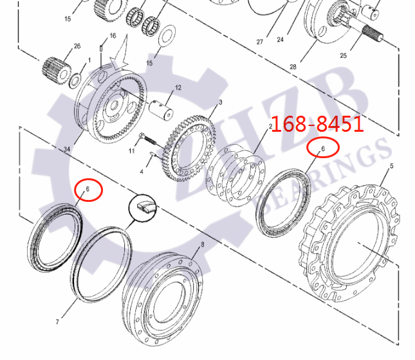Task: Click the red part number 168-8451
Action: coord(317,124)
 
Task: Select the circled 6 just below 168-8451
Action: coord(323,148)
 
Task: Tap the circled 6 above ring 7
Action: coord(88,190)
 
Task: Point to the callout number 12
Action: coord(178,87)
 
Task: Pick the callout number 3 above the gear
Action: coord(220,102)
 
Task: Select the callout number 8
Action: coord(202,245)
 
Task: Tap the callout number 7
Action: coord(57,321)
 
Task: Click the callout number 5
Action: coord(391,167)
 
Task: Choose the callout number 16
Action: coord(113,35)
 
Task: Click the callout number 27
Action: coord(260,42)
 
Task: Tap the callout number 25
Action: coord(343,56)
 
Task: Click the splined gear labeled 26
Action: coord(55,68)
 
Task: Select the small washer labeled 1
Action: coord(75,80)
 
